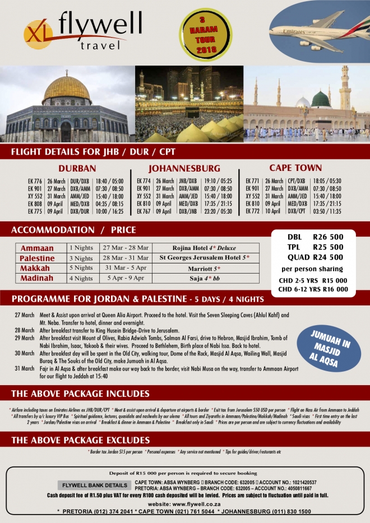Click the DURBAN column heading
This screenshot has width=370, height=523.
tap(77, 168)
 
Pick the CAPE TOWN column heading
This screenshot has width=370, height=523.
tap(295, 168)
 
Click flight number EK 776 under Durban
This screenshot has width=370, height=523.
tap(35, 182)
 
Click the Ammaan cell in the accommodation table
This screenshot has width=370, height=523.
tap(37, 248)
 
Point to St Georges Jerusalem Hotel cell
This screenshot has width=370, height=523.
tap(205, 258)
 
